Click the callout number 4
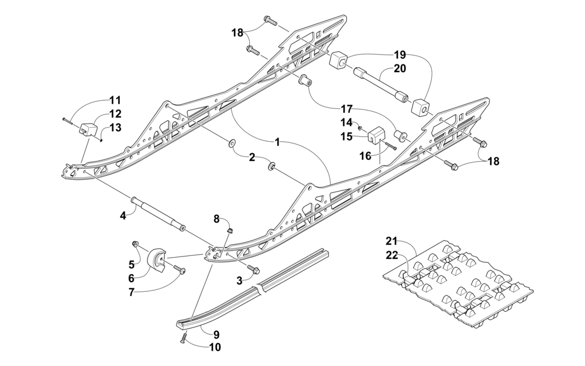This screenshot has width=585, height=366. coord(123,216)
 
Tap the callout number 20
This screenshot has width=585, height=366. coord(400,69)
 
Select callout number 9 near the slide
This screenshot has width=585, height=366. coord(216,334)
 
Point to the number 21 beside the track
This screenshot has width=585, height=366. coord(392,241)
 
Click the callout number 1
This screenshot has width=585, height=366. coord(277,142)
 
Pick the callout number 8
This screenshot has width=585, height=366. coord(216,219)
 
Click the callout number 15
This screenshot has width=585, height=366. coord(346,136)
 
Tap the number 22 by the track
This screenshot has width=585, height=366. coord(392,255)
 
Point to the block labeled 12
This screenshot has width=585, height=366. coord(88,129)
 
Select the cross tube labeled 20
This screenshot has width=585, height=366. coord(380,84)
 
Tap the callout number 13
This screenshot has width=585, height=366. coord(116,127)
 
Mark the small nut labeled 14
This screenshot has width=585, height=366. coord(360,128)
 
